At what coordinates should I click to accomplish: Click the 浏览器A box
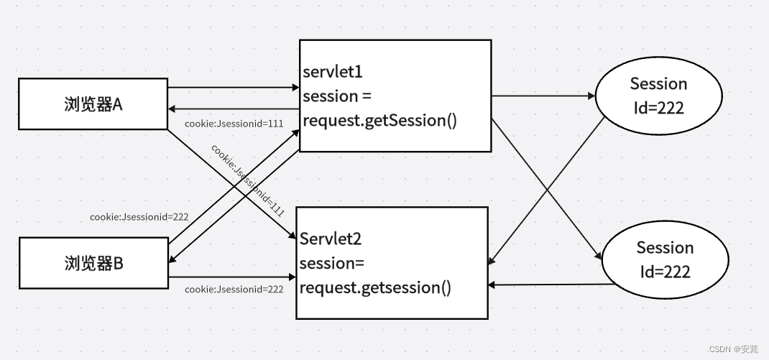click(x=93, y=104)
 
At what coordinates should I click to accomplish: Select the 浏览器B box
click(x=93, y=264)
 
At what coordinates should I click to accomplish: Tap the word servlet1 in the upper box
click(x=333, y=73)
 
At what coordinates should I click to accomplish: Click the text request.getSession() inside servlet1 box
click(x=379, y=120)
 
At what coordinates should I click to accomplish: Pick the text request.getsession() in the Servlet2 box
click(x=375, y=288)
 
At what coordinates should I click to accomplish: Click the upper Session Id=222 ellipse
click(x=658, y=96)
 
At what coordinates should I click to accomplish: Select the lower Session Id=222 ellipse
click(x=665, y=259)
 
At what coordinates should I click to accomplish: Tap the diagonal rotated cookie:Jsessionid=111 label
click(x=248, y=180)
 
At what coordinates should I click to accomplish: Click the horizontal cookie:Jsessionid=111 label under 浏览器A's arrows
click(x=234, y=124)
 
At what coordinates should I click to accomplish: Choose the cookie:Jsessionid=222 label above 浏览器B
click(x=139, y=216)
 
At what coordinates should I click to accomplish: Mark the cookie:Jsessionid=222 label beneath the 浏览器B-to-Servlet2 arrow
click(x=234, y=289)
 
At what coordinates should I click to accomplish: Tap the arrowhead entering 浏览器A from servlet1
click(x=172, y=109)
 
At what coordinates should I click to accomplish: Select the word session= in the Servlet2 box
click(x=327, y=263)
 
